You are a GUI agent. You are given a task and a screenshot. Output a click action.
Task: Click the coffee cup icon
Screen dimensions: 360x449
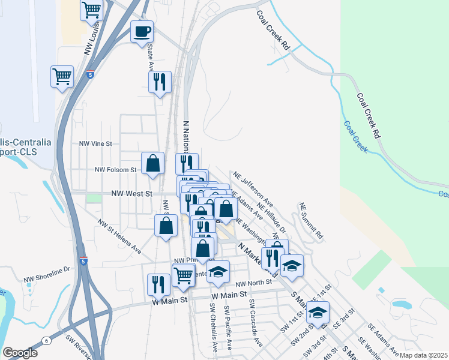click(x=142, y=31)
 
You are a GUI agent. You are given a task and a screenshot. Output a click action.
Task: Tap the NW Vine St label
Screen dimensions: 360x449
click(x=96, y=144)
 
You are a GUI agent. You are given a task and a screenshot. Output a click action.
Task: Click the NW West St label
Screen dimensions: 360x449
click(x=133, y=194)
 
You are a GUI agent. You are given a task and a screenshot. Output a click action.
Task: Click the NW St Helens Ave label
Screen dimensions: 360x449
click(x=119, y=235)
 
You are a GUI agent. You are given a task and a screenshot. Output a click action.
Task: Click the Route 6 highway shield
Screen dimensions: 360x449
click(x=46, y=341)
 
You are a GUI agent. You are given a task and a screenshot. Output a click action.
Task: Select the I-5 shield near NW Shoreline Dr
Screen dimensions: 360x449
click(x=83, y=262)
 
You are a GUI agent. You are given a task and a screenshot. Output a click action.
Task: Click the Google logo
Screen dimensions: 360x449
click(x=20, y=353)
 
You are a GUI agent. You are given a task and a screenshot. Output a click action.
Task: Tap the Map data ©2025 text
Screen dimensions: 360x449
click(x=424, y=355)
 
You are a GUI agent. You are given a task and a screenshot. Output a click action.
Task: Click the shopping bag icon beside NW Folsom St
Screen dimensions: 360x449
click(x=153, y=163)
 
